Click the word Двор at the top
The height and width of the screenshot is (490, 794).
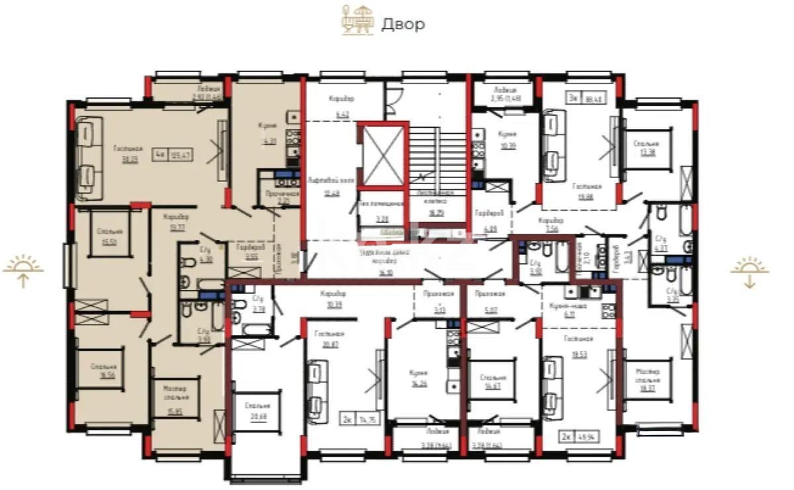pyautogui.click(x=403, y=24)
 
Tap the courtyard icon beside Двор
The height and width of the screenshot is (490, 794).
pyautogui.click(x=357, y=20)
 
